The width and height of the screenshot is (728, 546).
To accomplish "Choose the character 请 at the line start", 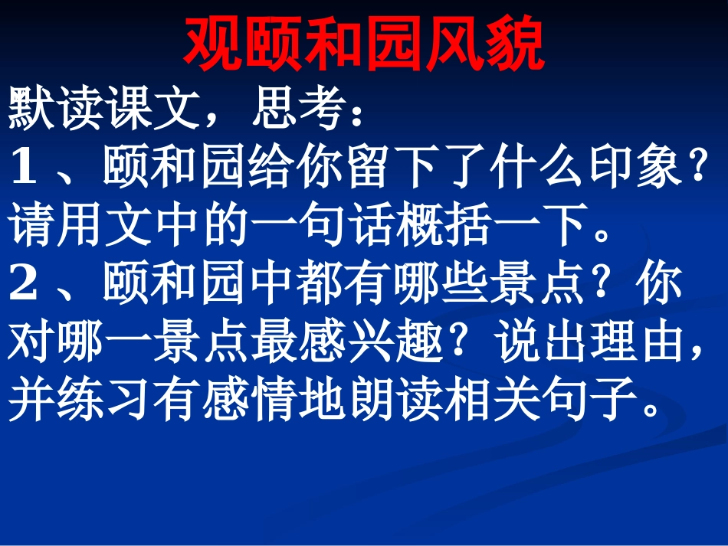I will pyautogui.click(x=30, y=227).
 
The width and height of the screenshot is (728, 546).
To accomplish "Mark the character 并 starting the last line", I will pyautogui.click(x=30, y=399).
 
